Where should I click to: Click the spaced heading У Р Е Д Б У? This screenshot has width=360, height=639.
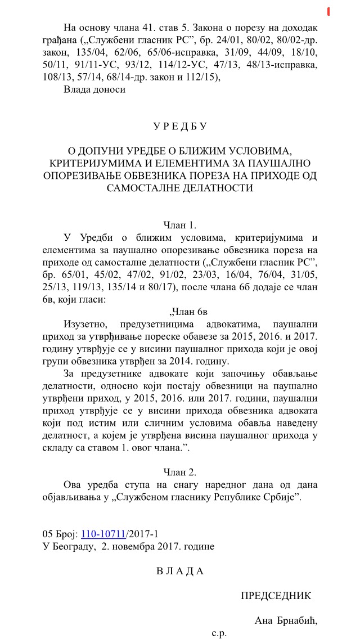click(179, 127)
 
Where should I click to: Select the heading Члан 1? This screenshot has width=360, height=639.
click(179, 225)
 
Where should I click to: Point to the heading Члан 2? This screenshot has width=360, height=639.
click(179, 471)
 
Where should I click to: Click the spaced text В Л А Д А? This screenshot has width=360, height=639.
click(179, 571)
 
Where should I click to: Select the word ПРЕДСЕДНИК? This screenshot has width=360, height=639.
click(276, 596)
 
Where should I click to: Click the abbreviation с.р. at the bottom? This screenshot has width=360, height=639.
click(219, 633)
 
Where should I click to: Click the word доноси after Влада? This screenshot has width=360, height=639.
click(110, 89)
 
